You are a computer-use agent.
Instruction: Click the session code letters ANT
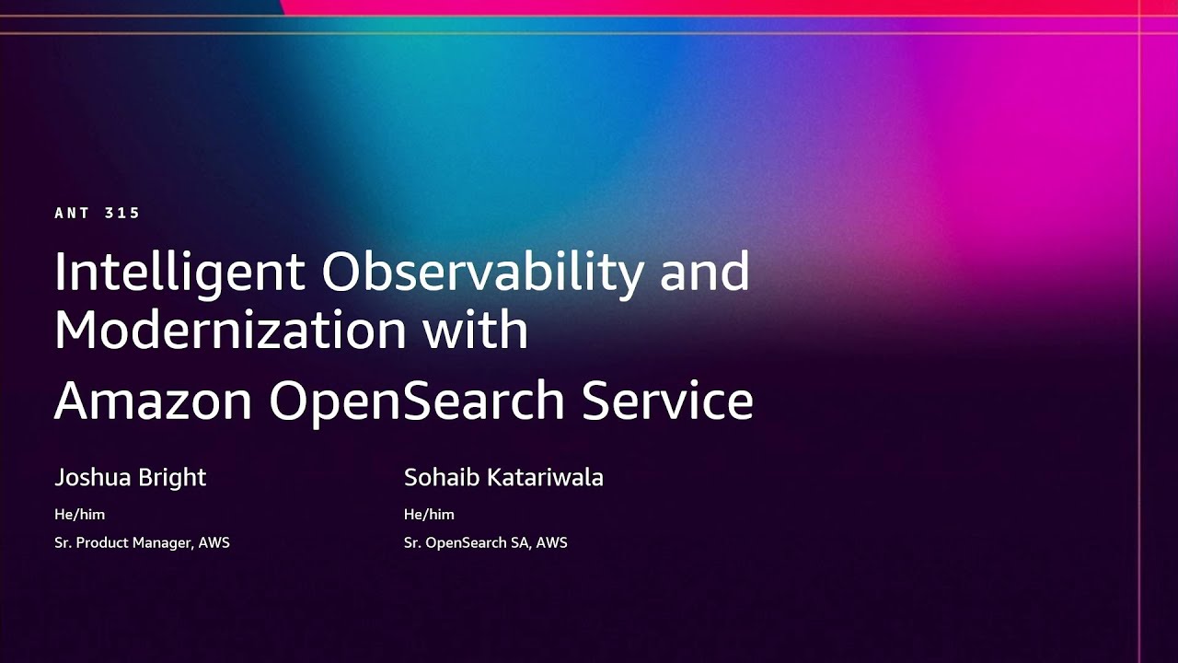pos(72,214)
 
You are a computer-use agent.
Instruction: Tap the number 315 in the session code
pos(122,214)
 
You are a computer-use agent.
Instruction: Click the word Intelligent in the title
pos(179,273)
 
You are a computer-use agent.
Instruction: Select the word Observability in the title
pos(482,273)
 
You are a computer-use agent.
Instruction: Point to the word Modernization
pos(230,329)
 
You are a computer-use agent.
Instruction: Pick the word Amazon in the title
pos(153,401)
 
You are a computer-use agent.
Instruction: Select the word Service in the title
pos(667,401)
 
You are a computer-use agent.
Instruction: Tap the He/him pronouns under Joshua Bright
pos(79,515)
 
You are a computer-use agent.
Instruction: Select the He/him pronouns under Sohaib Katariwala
pos(429,515)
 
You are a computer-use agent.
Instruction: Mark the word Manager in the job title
pos(163,543)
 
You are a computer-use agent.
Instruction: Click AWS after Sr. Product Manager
pos(214,543)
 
